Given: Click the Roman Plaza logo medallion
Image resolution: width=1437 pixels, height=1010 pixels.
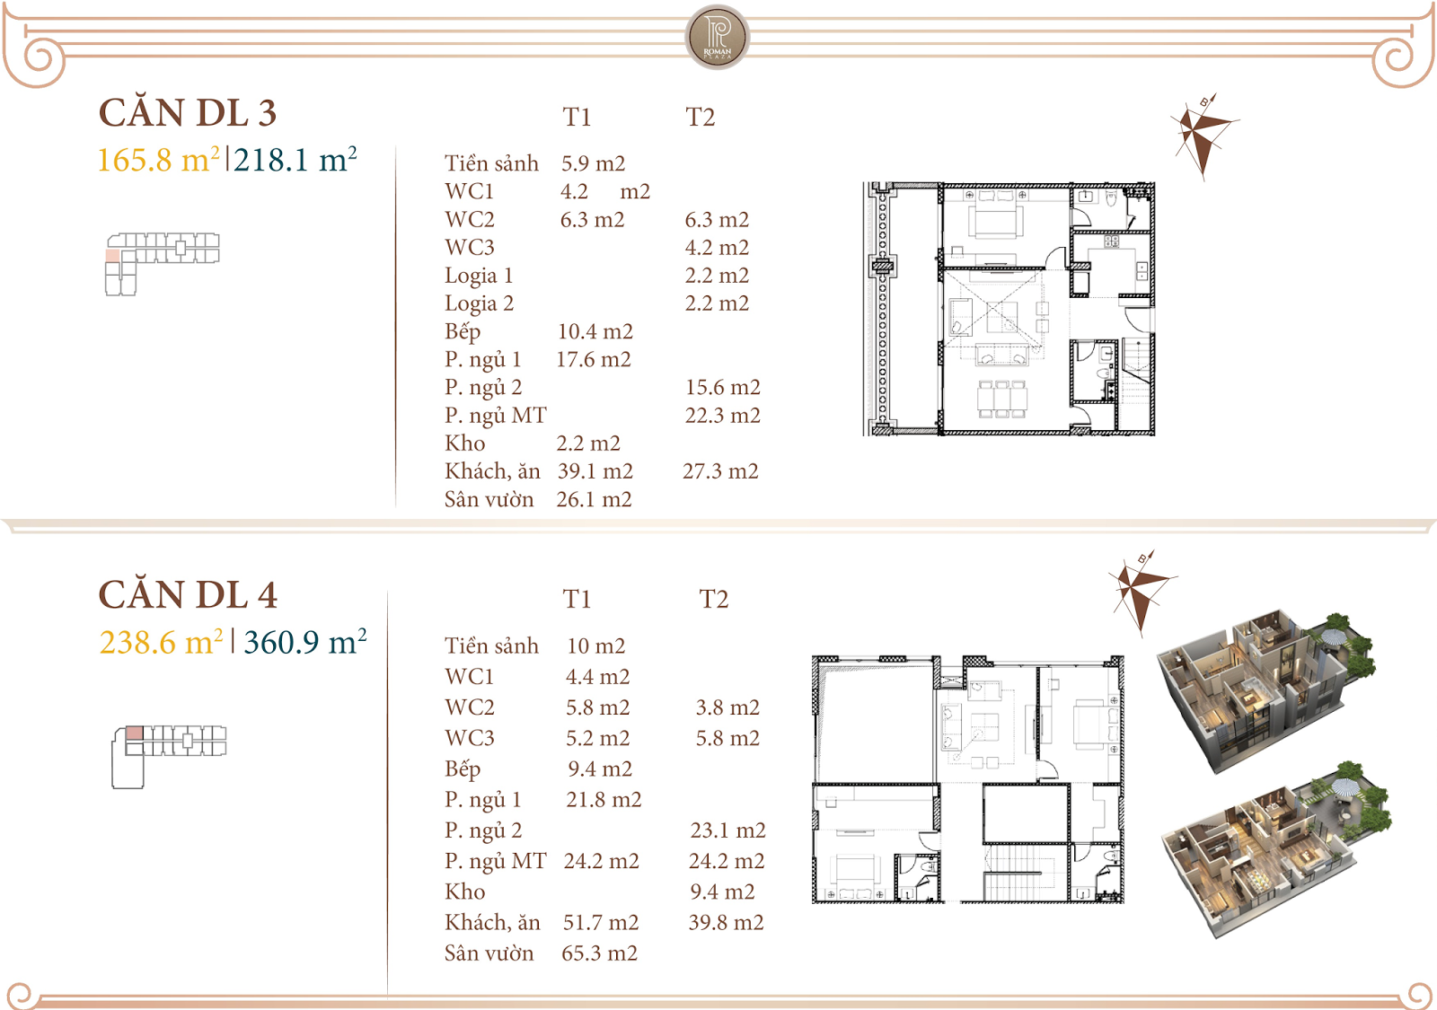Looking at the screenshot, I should point(717,38).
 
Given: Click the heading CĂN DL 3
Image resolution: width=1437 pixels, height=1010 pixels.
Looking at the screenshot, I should point(188,113).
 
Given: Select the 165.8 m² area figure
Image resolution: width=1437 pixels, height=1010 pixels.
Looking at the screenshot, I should point(158,160).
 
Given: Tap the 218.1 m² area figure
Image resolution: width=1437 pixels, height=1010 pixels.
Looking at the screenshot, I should point(295,160).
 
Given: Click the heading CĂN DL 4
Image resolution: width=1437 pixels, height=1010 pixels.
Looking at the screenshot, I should point(188,595).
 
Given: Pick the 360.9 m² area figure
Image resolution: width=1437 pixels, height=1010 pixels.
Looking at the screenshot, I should point(304,642).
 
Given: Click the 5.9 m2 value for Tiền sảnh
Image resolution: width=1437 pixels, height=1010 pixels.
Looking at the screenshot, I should point(593,163).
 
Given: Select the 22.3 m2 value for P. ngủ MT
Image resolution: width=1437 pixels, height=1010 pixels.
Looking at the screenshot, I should point(722,416).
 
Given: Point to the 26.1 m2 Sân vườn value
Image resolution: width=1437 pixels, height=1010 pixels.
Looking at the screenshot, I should point(594,499).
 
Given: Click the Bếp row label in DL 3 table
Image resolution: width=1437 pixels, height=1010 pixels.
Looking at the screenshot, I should point(463,331).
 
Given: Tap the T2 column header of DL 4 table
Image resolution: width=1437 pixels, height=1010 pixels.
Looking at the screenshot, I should point(713,599).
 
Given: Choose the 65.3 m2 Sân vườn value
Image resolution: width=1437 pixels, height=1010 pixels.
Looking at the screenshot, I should point(599,953).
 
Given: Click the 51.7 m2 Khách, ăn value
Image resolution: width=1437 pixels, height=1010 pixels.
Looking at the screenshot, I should point(600,922).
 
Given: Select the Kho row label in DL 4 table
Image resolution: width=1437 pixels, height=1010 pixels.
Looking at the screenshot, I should point(464,891).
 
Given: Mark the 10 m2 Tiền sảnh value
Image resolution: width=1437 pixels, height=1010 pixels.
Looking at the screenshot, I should point(595,646).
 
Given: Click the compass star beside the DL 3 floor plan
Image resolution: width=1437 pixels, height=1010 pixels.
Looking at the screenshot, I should point(1201,133).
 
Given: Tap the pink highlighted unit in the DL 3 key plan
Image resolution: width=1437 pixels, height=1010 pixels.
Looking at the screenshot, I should point(112,256).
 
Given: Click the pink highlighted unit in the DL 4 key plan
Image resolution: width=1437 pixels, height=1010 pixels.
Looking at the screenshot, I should point(134,733).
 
